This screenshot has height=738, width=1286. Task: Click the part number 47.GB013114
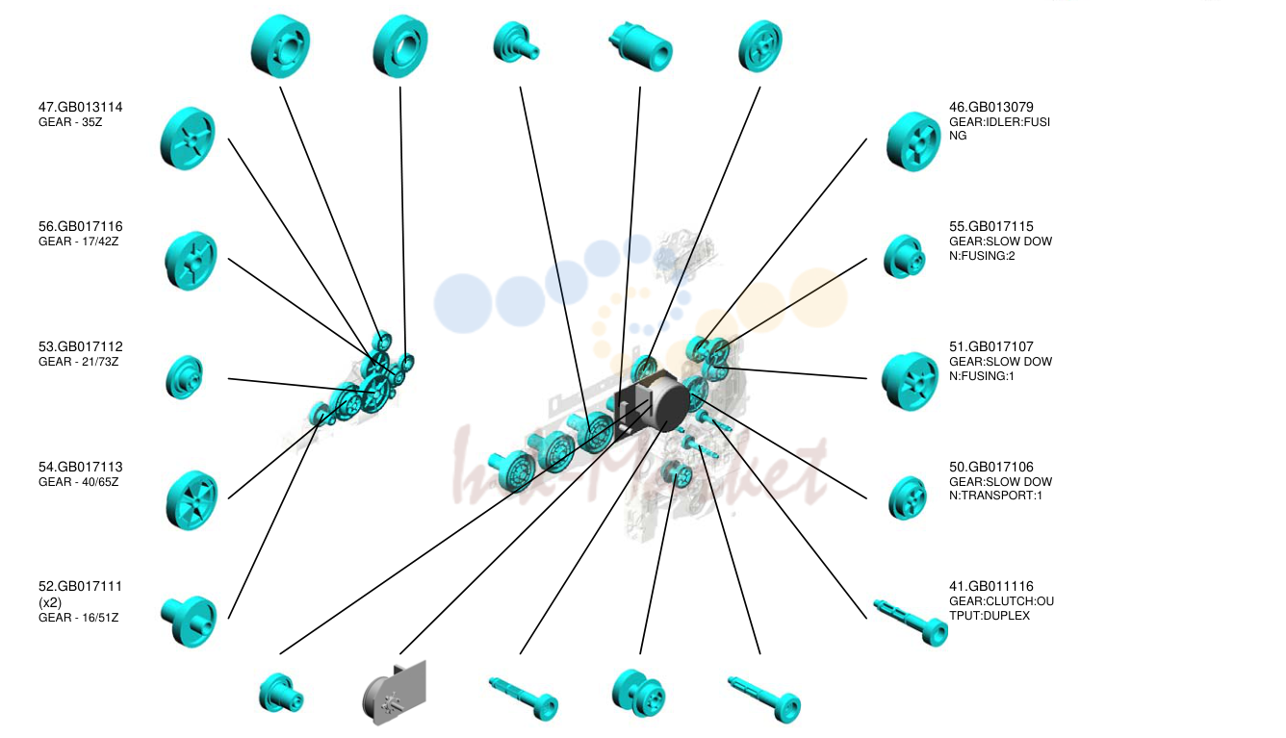81,108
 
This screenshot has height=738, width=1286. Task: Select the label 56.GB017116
81,227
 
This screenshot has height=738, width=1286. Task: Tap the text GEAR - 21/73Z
79,362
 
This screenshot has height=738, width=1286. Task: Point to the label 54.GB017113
81,467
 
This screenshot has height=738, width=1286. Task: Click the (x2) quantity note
50,602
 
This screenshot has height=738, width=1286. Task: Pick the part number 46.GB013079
990,108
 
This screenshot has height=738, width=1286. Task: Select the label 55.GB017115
990,227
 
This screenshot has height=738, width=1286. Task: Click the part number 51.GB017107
990,346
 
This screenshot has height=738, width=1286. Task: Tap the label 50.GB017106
990,467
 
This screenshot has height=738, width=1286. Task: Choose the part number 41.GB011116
990,587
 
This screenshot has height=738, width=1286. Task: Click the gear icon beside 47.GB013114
188,139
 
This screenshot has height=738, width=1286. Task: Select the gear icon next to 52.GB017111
189,622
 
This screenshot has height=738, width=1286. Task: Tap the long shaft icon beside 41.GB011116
911,623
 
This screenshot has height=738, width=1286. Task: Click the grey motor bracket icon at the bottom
395,692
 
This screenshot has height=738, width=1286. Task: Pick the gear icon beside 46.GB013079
913,141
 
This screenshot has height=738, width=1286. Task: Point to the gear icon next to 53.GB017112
184,377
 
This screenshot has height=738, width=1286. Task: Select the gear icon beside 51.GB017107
910,381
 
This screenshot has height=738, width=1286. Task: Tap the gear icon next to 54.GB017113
192,500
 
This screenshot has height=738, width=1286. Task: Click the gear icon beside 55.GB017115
904,257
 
